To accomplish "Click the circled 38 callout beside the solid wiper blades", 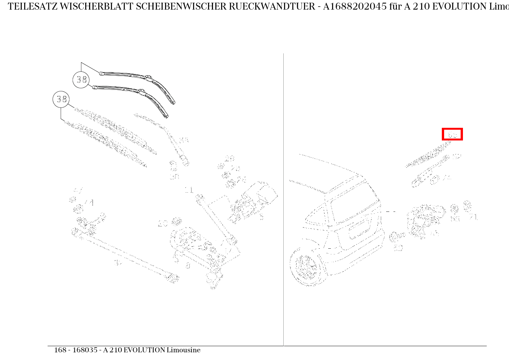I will click(x=81, y=80).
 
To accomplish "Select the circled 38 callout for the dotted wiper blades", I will click(x=61, y=99).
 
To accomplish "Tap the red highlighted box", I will click(x=452, y=134).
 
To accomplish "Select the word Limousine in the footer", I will click(x=183, y=350).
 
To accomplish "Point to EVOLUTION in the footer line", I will click(x=144, y=350).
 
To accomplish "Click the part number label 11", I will click(x=189, y=190).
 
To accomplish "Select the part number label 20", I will click(x=163, y=223).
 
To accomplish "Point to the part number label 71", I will click(x=473, y=217).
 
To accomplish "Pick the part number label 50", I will click(x=398, y=248).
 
